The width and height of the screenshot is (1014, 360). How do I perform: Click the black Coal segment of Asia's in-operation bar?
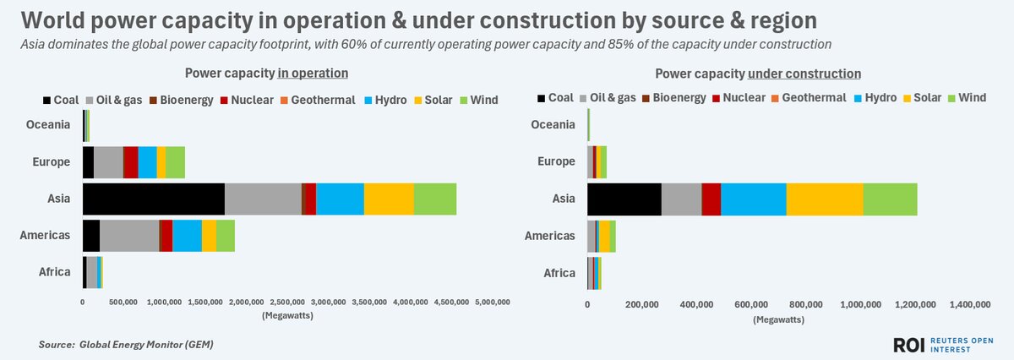[153, 199]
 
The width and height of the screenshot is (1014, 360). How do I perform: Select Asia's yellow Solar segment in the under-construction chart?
[825, 199]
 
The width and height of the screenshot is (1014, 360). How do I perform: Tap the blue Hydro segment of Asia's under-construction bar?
[754, 199]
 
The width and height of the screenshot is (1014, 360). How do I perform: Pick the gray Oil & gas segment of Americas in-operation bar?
[129, 236]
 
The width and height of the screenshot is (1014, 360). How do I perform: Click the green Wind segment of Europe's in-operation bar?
[175, 161]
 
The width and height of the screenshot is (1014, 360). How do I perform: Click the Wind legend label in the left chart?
[484, 100]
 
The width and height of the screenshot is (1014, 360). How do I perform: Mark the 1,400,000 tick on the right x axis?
[970, 304]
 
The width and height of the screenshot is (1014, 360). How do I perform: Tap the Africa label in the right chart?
[559, 272]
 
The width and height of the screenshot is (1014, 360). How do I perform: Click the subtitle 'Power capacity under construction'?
[758, 74]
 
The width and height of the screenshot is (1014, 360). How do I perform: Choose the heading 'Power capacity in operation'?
[267, 74]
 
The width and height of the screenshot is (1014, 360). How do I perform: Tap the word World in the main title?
[53, 19]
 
